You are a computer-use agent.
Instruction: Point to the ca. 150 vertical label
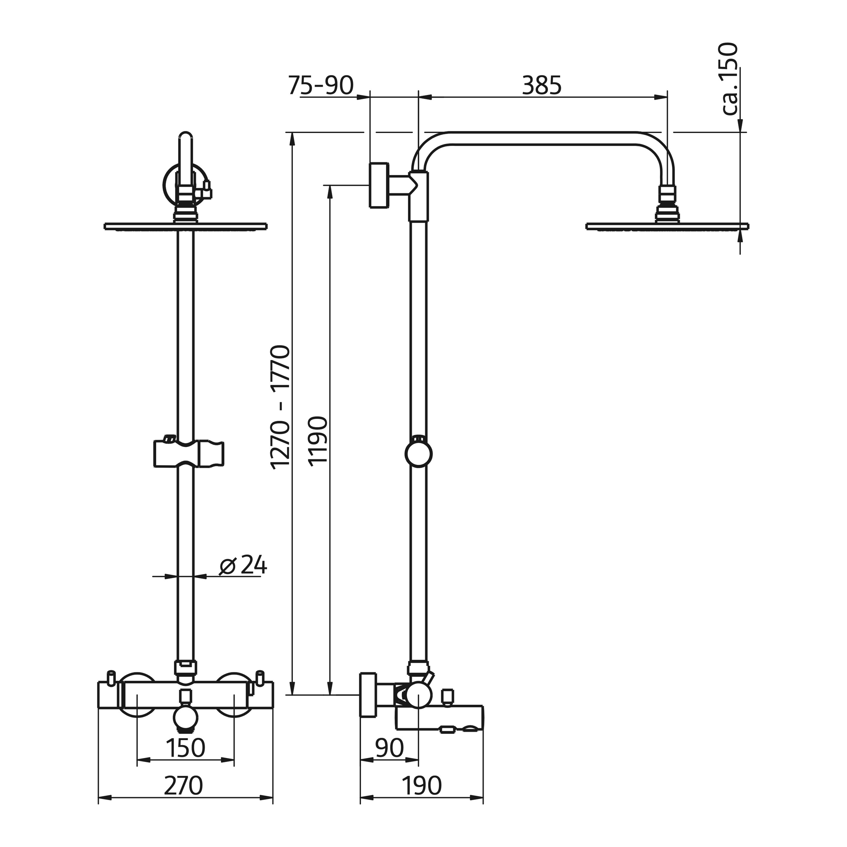coord(730,79)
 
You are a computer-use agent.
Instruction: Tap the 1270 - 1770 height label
coord(281,408)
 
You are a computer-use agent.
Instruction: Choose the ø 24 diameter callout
coord(243,565)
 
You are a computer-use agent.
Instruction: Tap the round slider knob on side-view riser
coord(419,455)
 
